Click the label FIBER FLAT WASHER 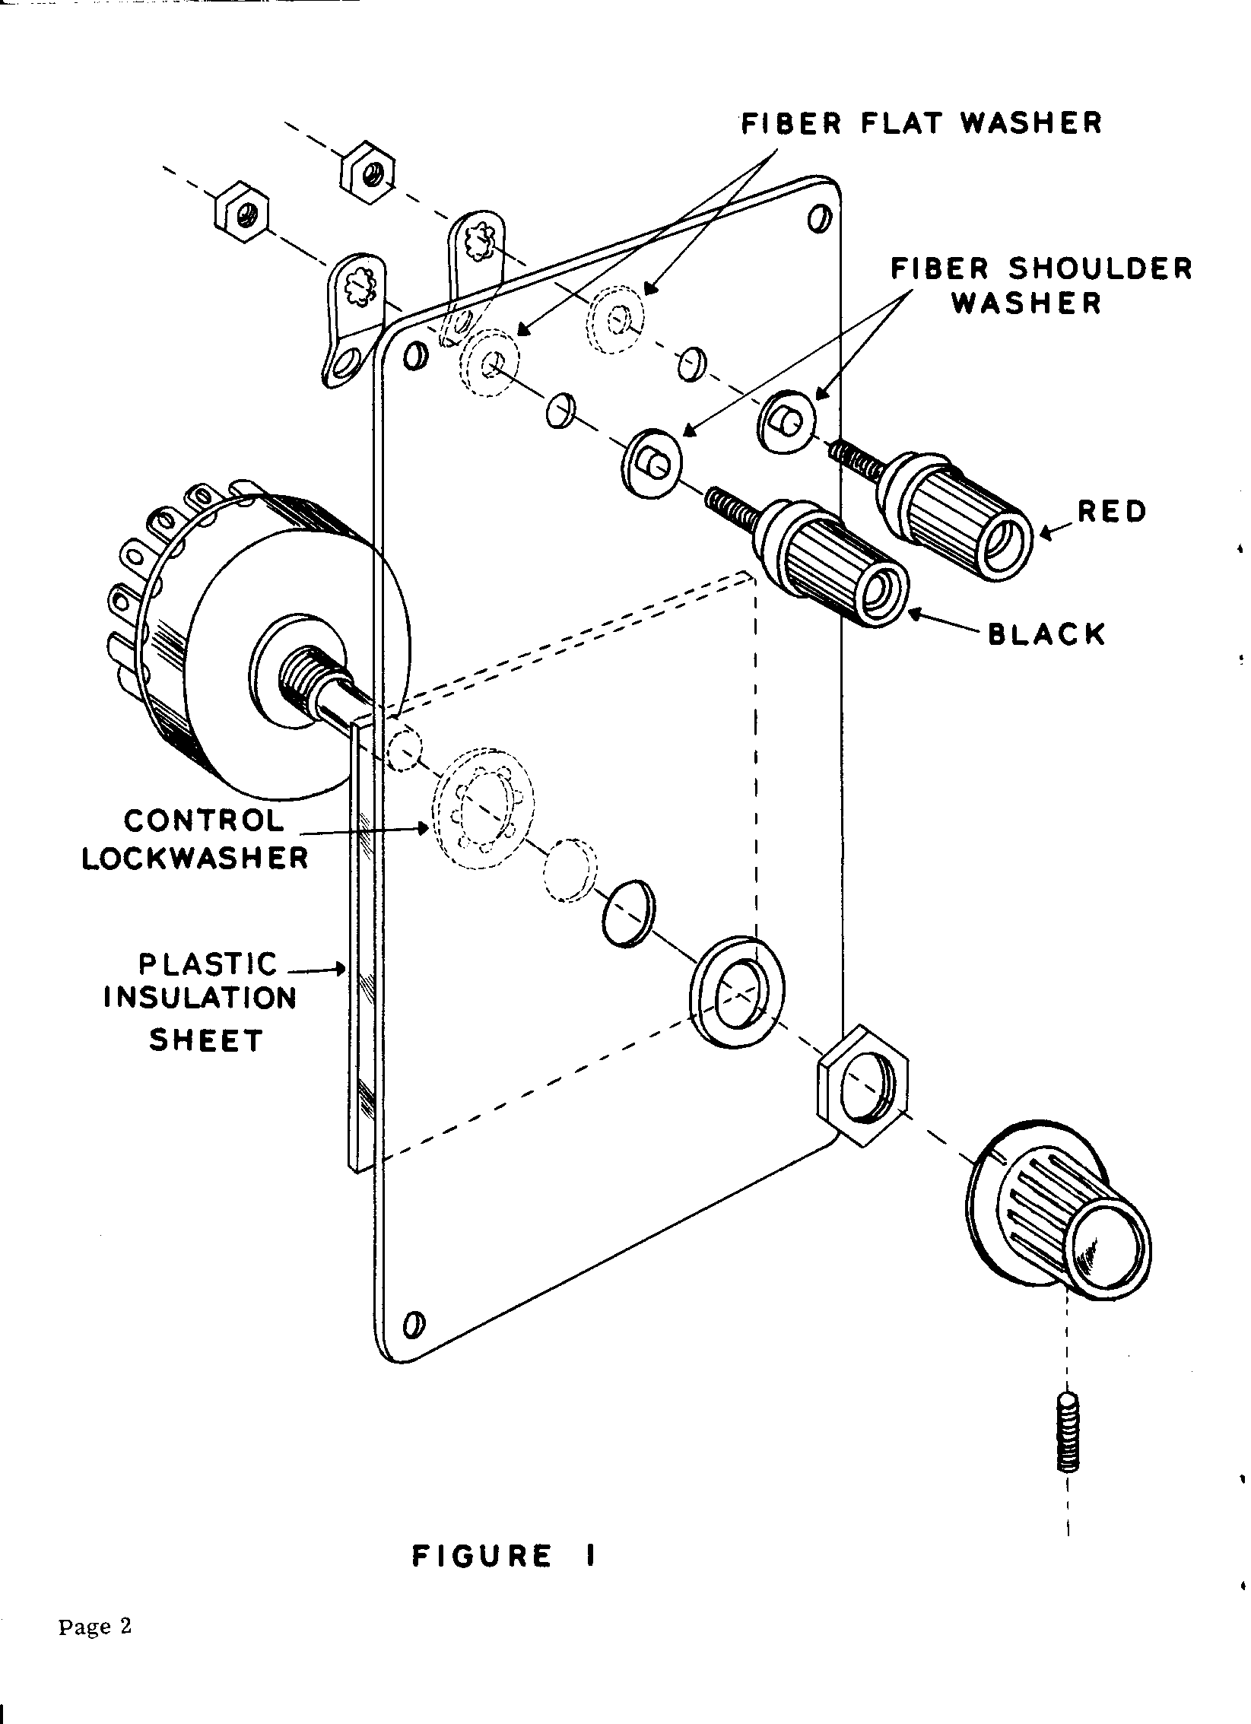(921, 123)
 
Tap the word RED (1112, 512)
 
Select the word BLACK (1046, 633)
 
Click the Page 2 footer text (95, 1627)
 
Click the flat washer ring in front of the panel (737, 991)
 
